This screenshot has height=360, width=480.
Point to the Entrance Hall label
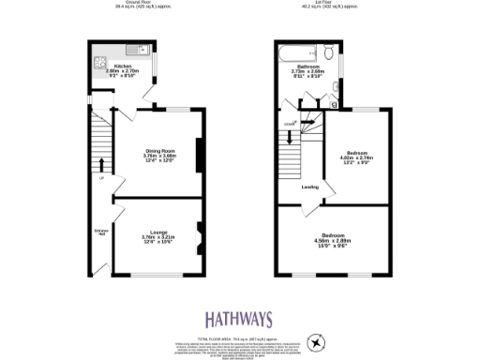[101, 232]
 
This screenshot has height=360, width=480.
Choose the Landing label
[308, 186]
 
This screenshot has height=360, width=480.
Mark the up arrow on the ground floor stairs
[101, 165]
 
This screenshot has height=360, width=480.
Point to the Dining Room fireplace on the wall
[198, 156]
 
